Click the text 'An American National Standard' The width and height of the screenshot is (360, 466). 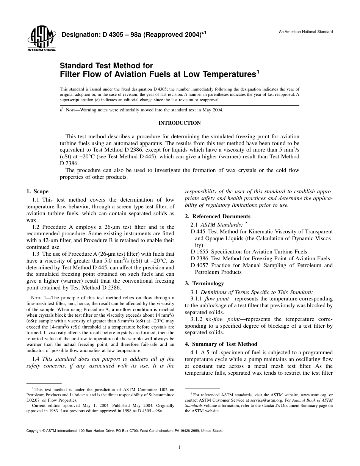(306, 32)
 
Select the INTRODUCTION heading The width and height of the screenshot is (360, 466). (180, 123)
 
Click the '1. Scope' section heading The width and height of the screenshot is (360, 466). (37, 191)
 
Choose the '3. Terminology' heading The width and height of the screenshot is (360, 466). (204, 283)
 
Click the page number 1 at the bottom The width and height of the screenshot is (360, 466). (180, 447)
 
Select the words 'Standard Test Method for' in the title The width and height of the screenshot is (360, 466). (106, 66)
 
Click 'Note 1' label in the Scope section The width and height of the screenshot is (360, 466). (39, 298)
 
